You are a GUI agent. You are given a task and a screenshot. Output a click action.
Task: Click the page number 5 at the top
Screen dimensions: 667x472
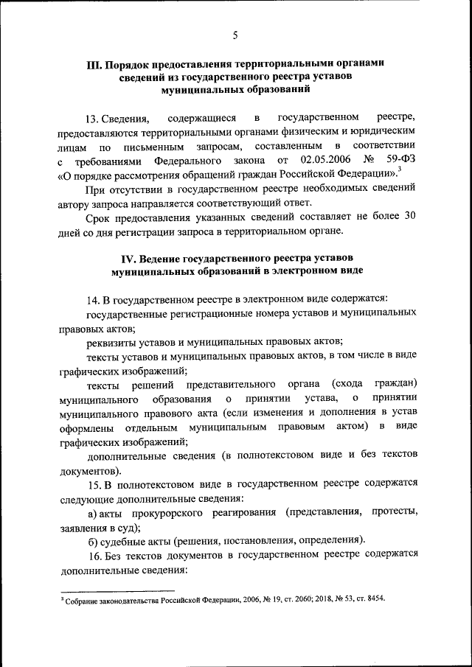235,35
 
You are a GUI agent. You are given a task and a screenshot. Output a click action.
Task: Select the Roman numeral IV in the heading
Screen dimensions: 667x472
129,259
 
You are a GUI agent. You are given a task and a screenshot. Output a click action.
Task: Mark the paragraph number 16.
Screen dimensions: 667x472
93,553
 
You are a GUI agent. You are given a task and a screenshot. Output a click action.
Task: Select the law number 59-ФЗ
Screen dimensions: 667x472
400,160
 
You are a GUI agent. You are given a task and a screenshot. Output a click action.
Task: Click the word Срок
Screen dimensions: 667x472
98,217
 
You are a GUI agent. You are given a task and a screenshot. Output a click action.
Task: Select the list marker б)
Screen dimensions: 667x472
93,539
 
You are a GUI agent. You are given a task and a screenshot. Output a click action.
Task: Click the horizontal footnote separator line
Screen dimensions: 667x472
117,590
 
